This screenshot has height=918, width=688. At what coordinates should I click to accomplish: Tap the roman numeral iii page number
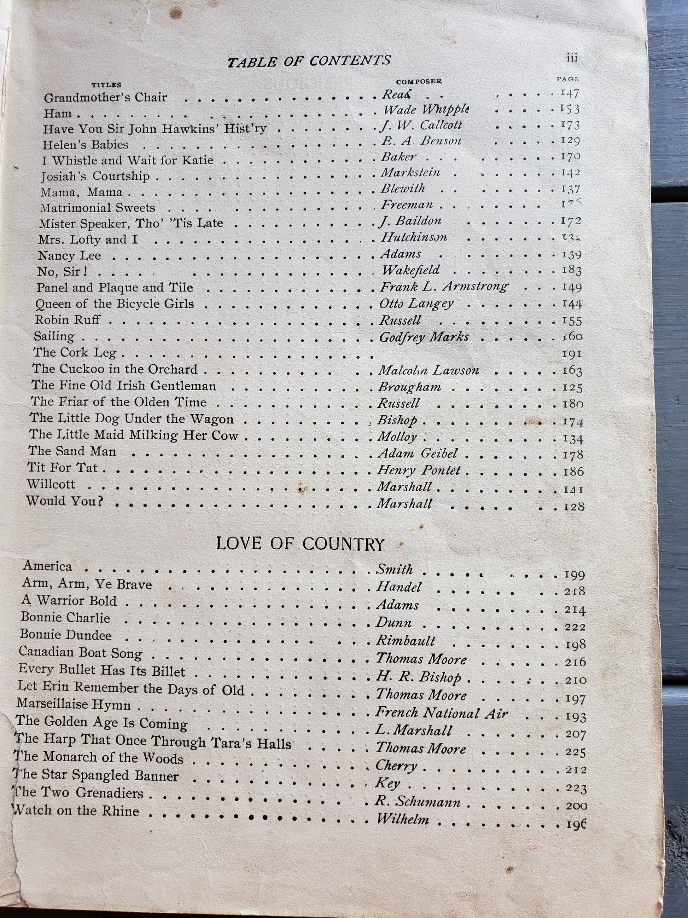[x=572, y=58]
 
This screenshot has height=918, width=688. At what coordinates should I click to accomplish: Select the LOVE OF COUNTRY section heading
[x=300, y=544]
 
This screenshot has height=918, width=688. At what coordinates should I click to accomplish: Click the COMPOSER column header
[x=419, y=82]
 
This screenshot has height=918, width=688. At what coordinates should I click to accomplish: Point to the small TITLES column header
[x=106, y=85]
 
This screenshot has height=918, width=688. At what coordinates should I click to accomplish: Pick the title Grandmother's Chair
[x=105, y=98]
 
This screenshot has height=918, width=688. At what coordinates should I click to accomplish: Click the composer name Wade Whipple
[x=426, y=110]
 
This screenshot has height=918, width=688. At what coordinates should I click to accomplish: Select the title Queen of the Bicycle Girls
[x=115, y=304]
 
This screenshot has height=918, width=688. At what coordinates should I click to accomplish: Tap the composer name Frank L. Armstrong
[x=444, y=287]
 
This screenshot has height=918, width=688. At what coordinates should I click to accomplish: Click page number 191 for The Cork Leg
[x=572, y=354]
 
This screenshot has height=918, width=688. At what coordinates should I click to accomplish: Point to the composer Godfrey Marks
[x=424, y=337]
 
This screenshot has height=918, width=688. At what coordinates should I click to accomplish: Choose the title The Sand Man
[x=72, y=451]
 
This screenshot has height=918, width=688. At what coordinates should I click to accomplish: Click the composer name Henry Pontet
[x=419, y=470]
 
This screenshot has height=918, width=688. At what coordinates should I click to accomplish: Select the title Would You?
[x=65, y=501]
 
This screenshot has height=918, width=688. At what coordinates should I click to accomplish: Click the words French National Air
[x=441, y=713]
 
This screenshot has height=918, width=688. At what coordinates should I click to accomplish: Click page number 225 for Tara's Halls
[x=575, y=752]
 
